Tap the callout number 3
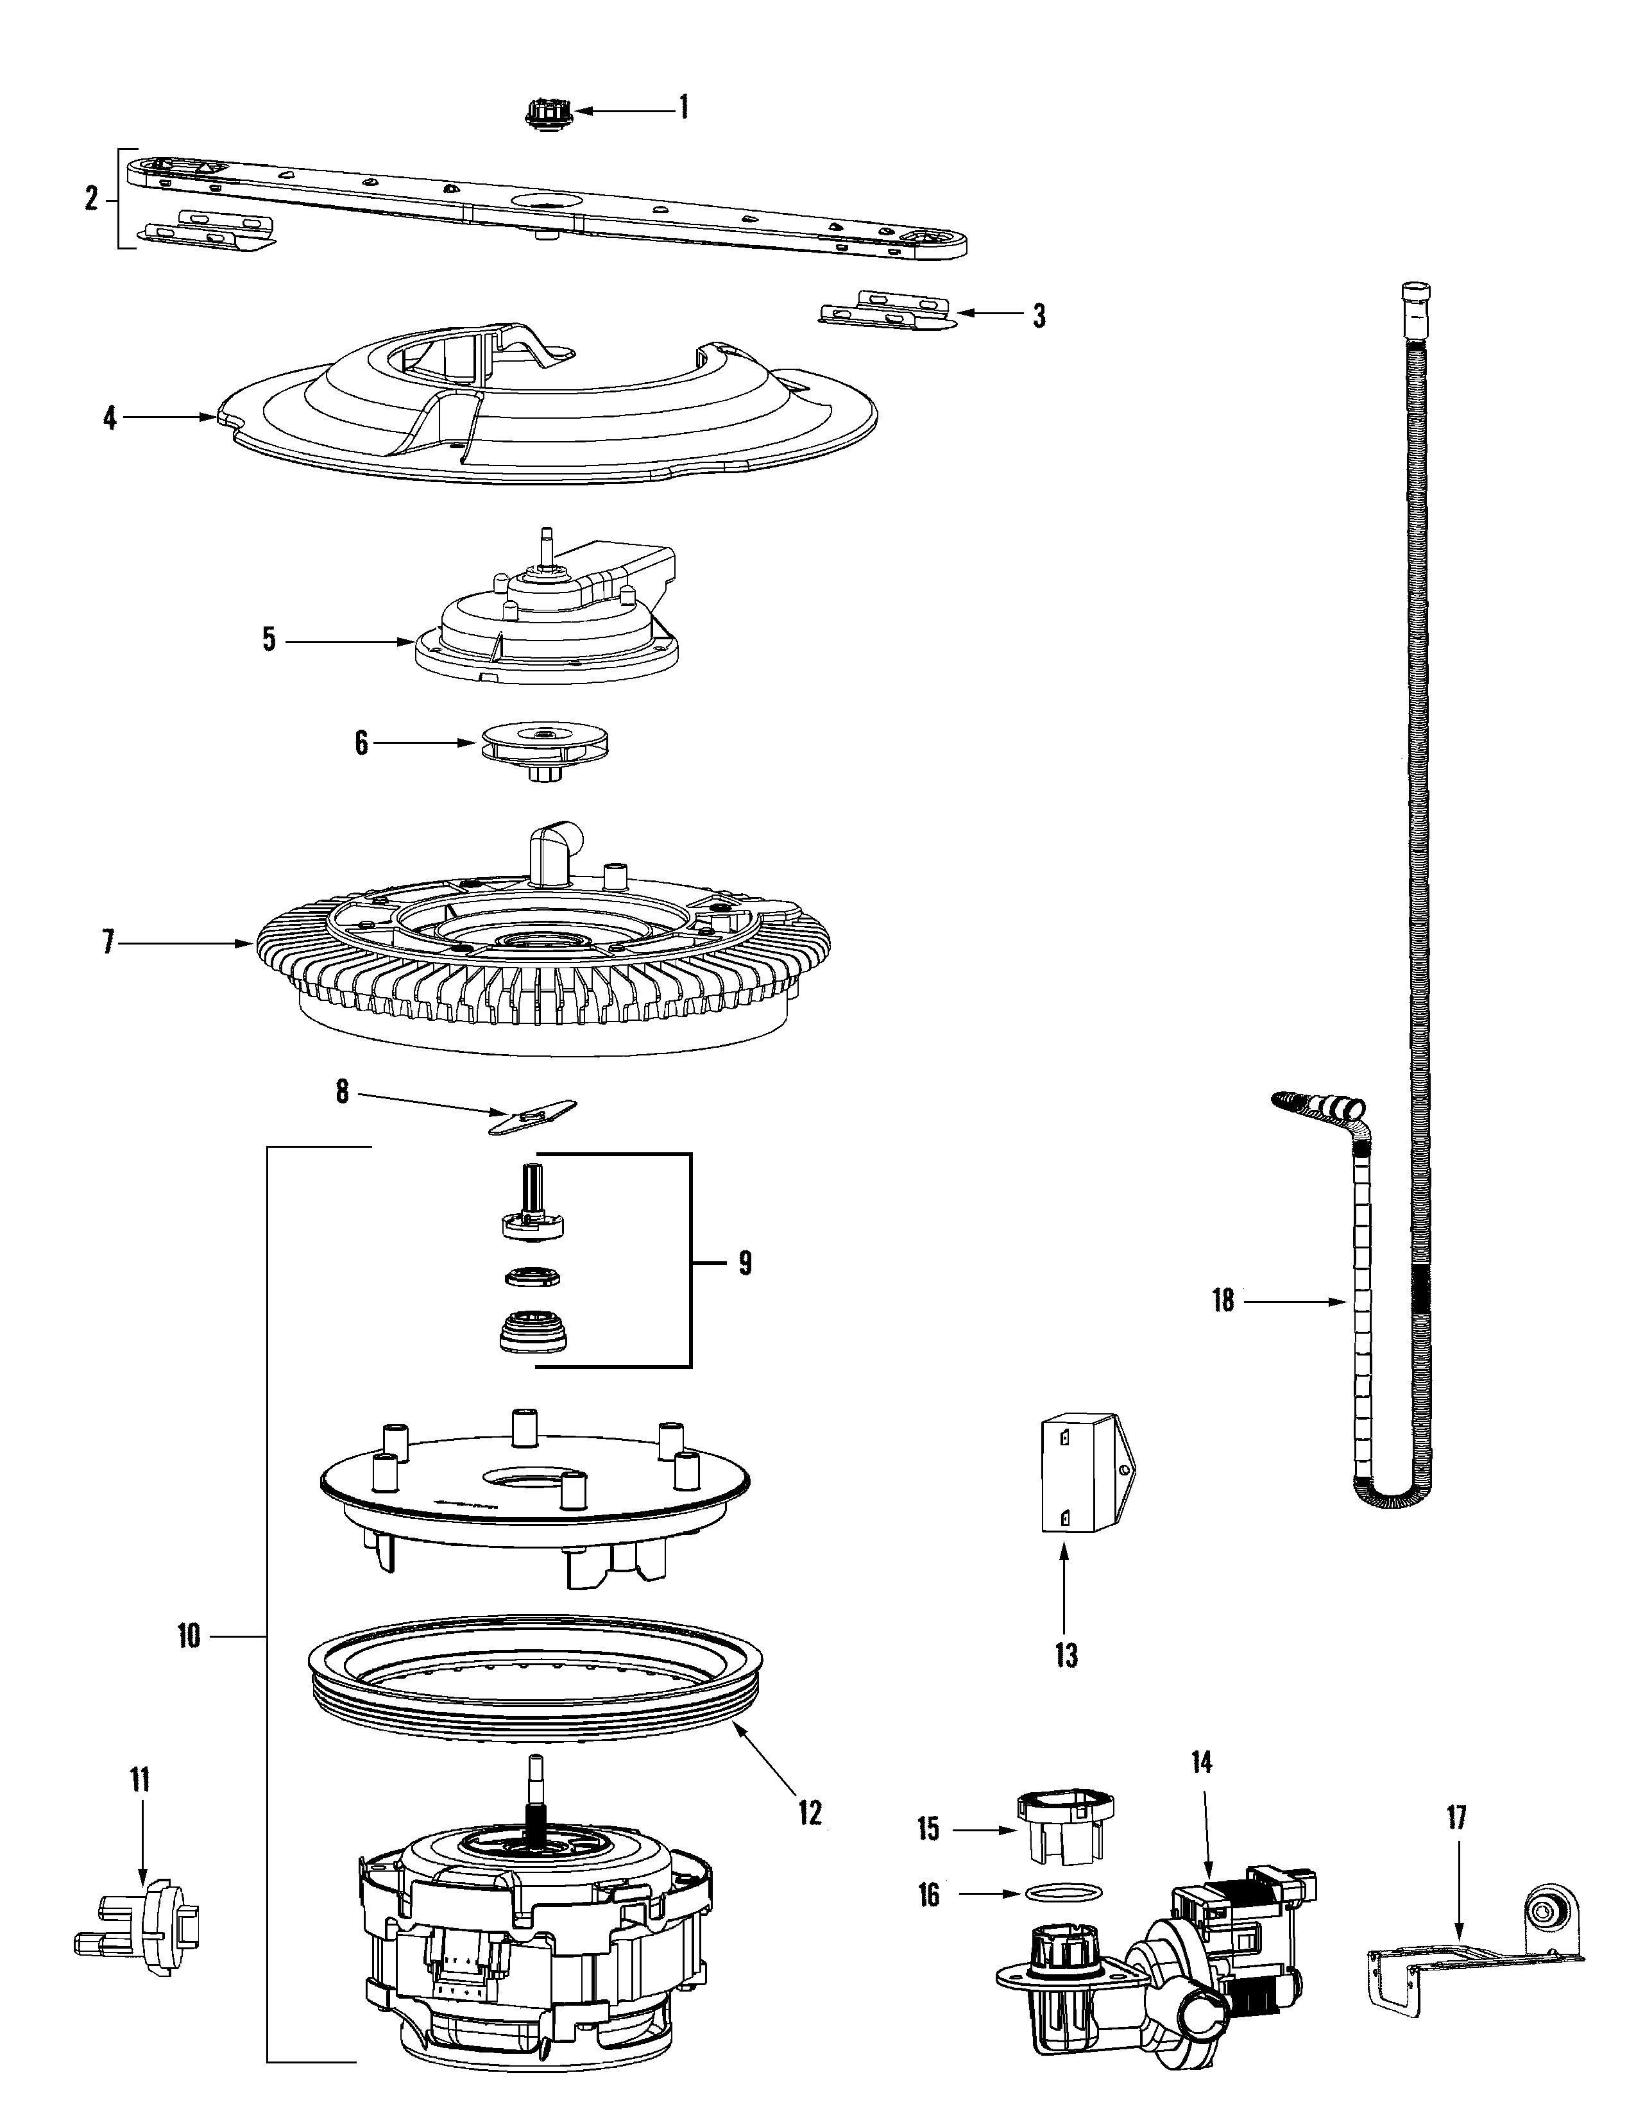1039,316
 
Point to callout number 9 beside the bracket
744,1263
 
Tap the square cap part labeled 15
1063,1826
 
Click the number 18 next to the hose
1223,1300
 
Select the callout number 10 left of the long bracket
188,1636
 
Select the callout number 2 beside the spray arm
91,199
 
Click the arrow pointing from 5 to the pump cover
349,641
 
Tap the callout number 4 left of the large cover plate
110,419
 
